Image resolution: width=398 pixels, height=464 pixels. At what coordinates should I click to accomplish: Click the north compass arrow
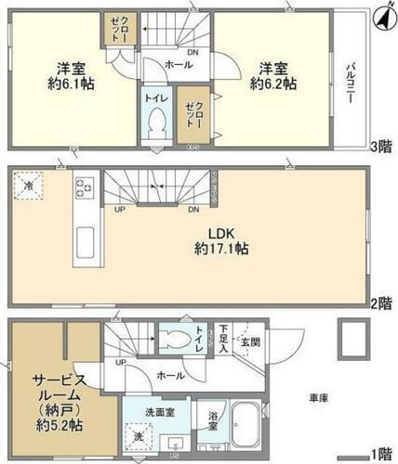tap(381, 16)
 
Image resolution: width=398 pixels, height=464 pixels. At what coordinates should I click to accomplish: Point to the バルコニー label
tap(352, 83)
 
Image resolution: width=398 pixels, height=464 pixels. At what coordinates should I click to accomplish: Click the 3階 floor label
tap(381, 146)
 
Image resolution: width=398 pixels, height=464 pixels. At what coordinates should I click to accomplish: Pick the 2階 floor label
tap(381, 303)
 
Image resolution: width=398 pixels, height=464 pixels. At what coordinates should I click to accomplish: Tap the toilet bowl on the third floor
tap(156, 120)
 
